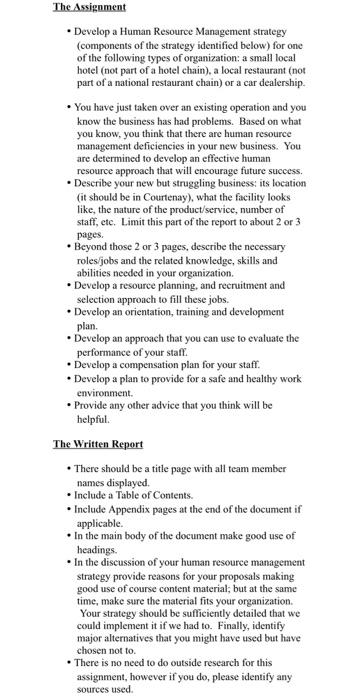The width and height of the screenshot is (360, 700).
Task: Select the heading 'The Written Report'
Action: (x=98, y=443)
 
